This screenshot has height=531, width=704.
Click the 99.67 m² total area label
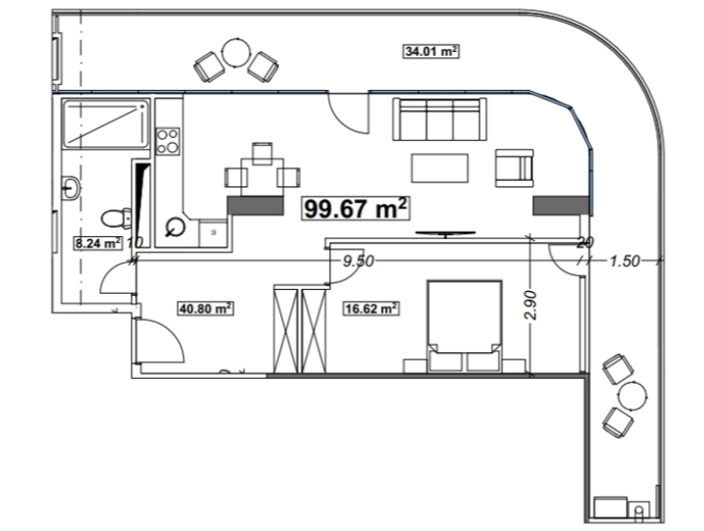tap(355, 209)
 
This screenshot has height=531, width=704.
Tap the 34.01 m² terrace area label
tap(430, 51)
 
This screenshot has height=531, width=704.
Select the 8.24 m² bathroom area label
tap(98, 243)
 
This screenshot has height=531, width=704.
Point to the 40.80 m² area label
tap(206, 309)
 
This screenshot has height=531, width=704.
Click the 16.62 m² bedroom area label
tap(371, 309)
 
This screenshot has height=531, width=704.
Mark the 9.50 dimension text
tap(358, 261)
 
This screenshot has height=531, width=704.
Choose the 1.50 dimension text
tap(624, 261)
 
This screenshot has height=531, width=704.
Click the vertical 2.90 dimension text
tap(531, 305)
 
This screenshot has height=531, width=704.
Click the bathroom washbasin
tap(70, 187)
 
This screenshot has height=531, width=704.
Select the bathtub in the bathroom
tap(106, 124)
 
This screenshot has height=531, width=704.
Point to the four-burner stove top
tap(168, 141)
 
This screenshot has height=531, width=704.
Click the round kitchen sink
tap(175, 227)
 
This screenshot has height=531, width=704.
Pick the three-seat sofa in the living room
tap(440, 119)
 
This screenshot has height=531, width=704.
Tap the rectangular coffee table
tap(440, 168)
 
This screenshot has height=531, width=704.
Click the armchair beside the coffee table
tap(515, 168)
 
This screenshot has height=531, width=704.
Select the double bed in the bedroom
tap(465, 326)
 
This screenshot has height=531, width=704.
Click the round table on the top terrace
tap(237, 53)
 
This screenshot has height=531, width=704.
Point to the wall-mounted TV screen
tap(445, 234)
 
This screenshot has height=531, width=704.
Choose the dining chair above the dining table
tap(262, 153)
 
